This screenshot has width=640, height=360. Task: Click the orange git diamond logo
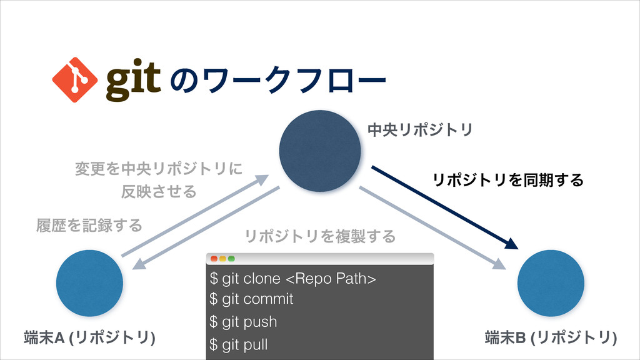coord(74,79)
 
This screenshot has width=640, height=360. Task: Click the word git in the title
coord(134,80)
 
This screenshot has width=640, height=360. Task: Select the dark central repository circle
coord(320,152)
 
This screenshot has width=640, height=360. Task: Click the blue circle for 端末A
coord(89,282)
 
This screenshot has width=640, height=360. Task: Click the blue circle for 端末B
coord(551,282)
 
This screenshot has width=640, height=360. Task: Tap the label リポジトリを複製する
coord(320,236)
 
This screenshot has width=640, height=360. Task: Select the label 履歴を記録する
coord(89,224)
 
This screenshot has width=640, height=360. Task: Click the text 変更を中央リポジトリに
coord(158,169)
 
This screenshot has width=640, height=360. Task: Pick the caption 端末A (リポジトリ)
coord(89,338)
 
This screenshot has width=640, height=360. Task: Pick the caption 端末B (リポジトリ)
coord(550,338)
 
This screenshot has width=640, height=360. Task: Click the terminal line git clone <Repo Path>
coord(293,277)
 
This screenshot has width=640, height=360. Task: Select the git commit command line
coord(252,299)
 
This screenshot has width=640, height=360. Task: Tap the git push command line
coord(244,322)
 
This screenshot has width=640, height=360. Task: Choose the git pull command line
coord(239,344)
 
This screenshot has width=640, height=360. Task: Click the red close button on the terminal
coord(214,258)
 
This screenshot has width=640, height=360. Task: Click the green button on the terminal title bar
coord(231,258)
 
